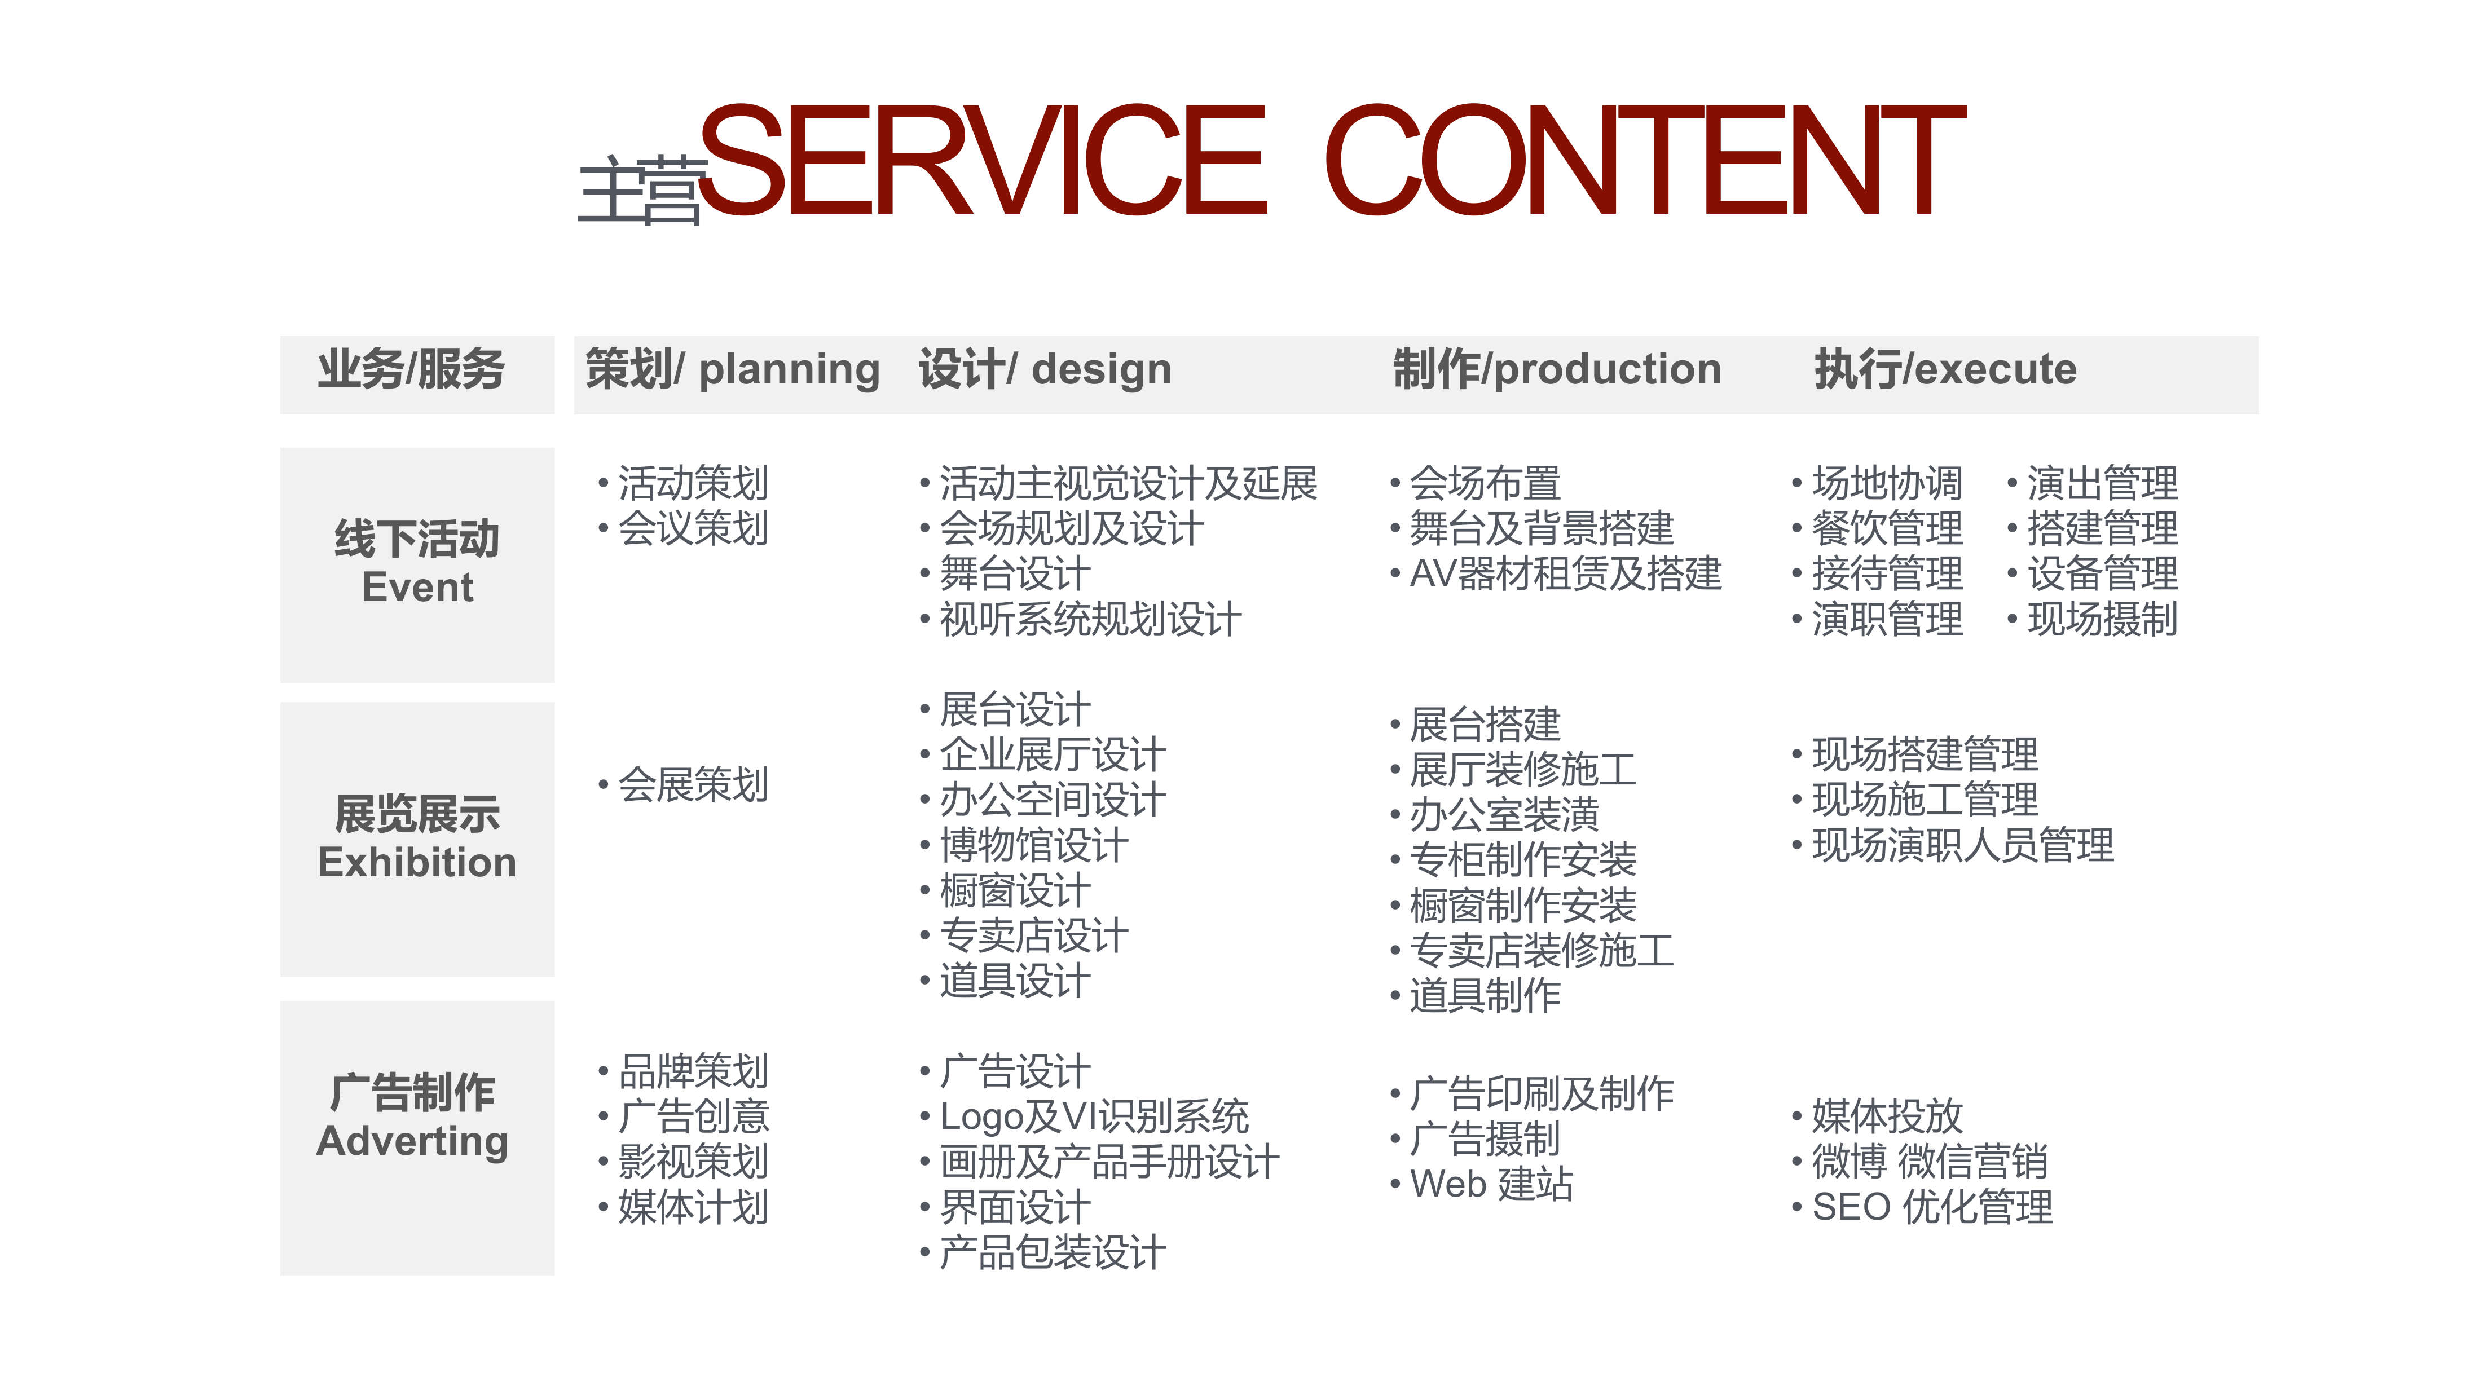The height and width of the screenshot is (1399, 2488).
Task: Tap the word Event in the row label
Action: point(417,587)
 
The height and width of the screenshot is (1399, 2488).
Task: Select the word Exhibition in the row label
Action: point(417,862)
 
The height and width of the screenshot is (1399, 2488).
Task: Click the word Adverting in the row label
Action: point(412,1141)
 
